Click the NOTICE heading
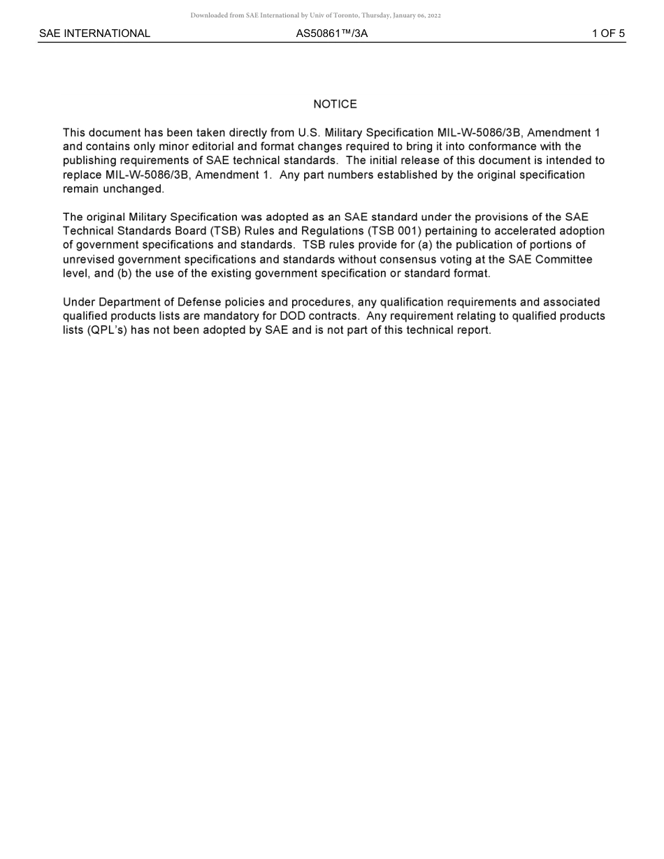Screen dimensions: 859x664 click(x=335, y=104)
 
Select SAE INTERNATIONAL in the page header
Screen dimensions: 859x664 click(x=94, y=34)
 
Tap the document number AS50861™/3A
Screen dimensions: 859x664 click(x=332, y=34)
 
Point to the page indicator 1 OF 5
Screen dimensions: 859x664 click(x=608, y=34)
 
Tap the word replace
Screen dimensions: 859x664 click(x=82, y=175)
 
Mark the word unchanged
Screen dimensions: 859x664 click(x=133, y=189)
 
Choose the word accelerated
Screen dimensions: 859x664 click(x=526, y=230)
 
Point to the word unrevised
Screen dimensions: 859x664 click(x=89, y=259)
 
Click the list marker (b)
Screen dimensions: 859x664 click(x=124, y=273)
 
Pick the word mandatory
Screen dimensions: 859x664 click(x=231, y=316)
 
